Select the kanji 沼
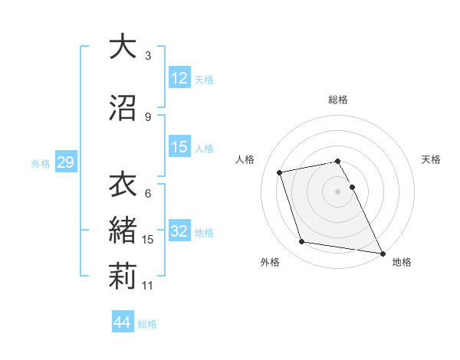coord(123,107)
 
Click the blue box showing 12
coord(179,78)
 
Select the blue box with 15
coord(179,147)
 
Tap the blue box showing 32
coord(179,231)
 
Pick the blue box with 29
coord(65,162)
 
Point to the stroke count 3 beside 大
coord(148,56)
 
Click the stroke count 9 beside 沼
coord(148,117)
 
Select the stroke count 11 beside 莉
coord(149,286)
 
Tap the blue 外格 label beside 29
coord(41,163)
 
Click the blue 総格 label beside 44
coord(147,323)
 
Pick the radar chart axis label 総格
coord(338,100)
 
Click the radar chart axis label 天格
coord(431,159)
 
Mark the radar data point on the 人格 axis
coord(280,172)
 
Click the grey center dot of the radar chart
coord(338,191)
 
